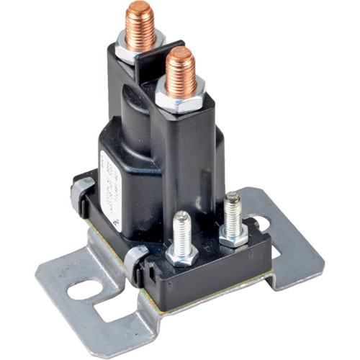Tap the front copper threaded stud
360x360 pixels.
click(x=180, y=72)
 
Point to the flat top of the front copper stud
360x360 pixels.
click(x=179, y=54)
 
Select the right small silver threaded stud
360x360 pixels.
click(x=232, y=212)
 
